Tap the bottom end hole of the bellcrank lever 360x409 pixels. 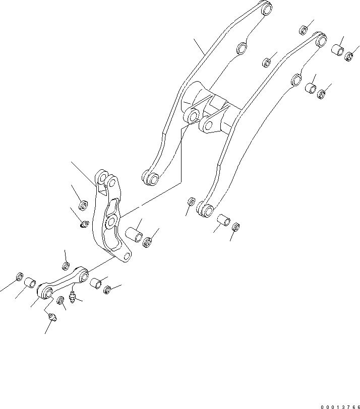pos(124,258)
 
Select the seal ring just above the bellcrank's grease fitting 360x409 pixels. pos(84,205)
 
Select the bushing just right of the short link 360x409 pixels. pos(96,283)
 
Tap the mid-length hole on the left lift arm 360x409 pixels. pos(243,48)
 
